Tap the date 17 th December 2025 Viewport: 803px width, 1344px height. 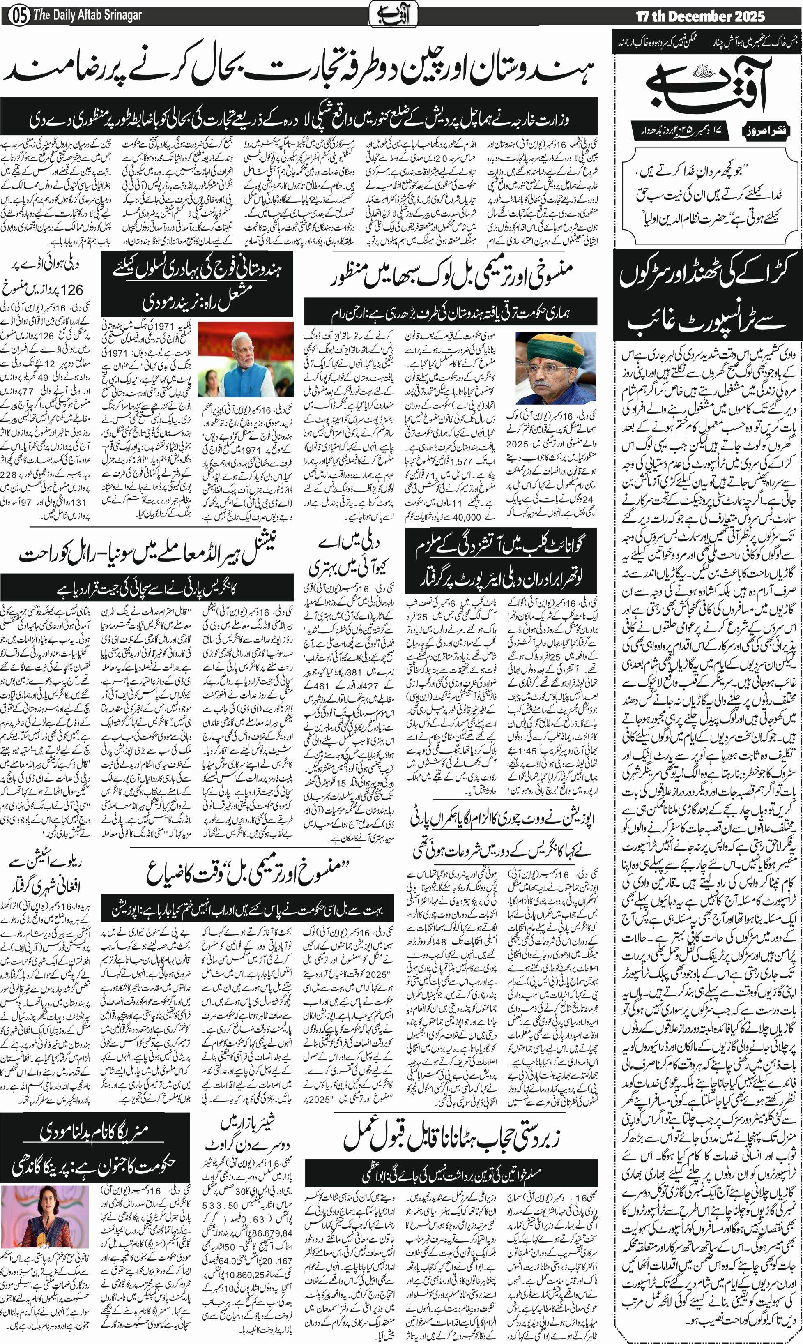[700, 16]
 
